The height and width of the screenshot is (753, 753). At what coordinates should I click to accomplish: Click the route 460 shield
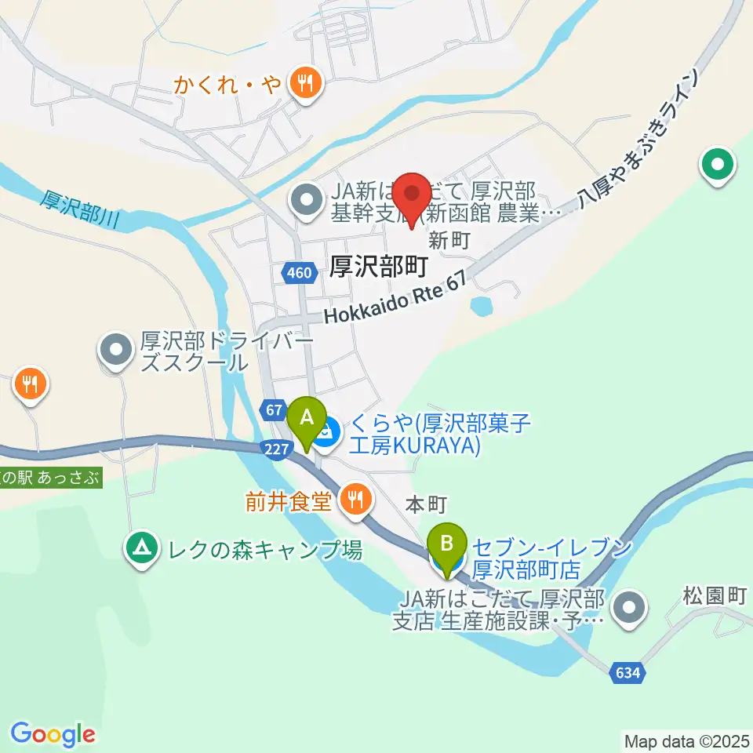point(299,273)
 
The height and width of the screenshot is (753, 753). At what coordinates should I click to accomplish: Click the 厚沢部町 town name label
point(378,267)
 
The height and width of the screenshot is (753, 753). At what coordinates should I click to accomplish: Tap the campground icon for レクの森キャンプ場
point(142,547)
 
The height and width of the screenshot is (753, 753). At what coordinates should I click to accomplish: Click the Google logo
point(53,733)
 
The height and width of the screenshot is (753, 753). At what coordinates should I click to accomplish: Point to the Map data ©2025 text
point(686,740)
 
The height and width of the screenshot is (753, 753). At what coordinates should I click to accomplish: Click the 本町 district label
point(426,505)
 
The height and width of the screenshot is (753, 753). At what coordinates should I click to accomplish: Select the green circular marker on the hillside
point(718,166)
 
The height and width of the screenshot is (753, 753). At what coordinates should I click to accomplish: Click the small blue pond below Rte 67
point(480,305)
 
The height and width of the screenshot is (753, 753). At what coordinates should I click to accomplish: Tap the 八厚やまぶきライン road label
point(636,140)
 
